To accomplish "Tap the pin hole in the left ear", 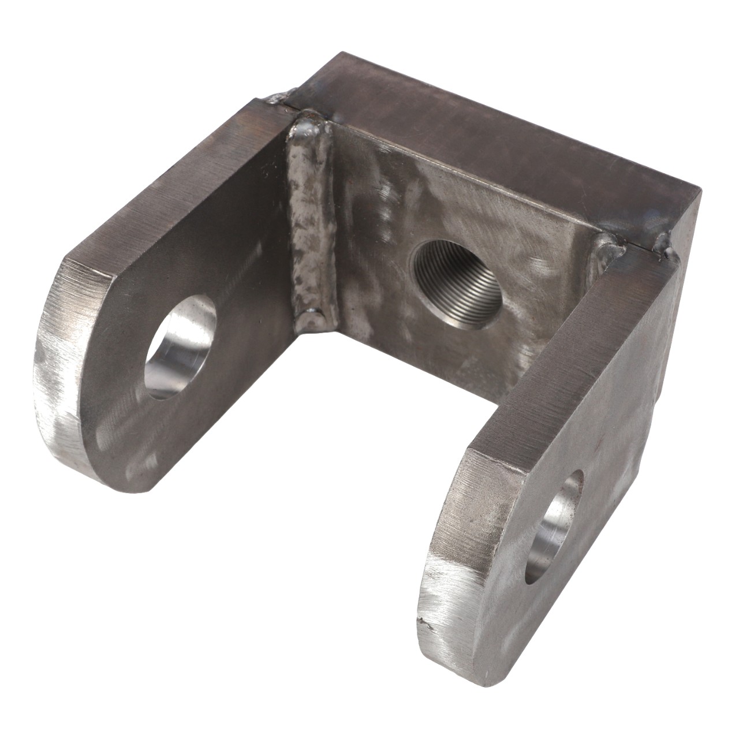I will [182, 346].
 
